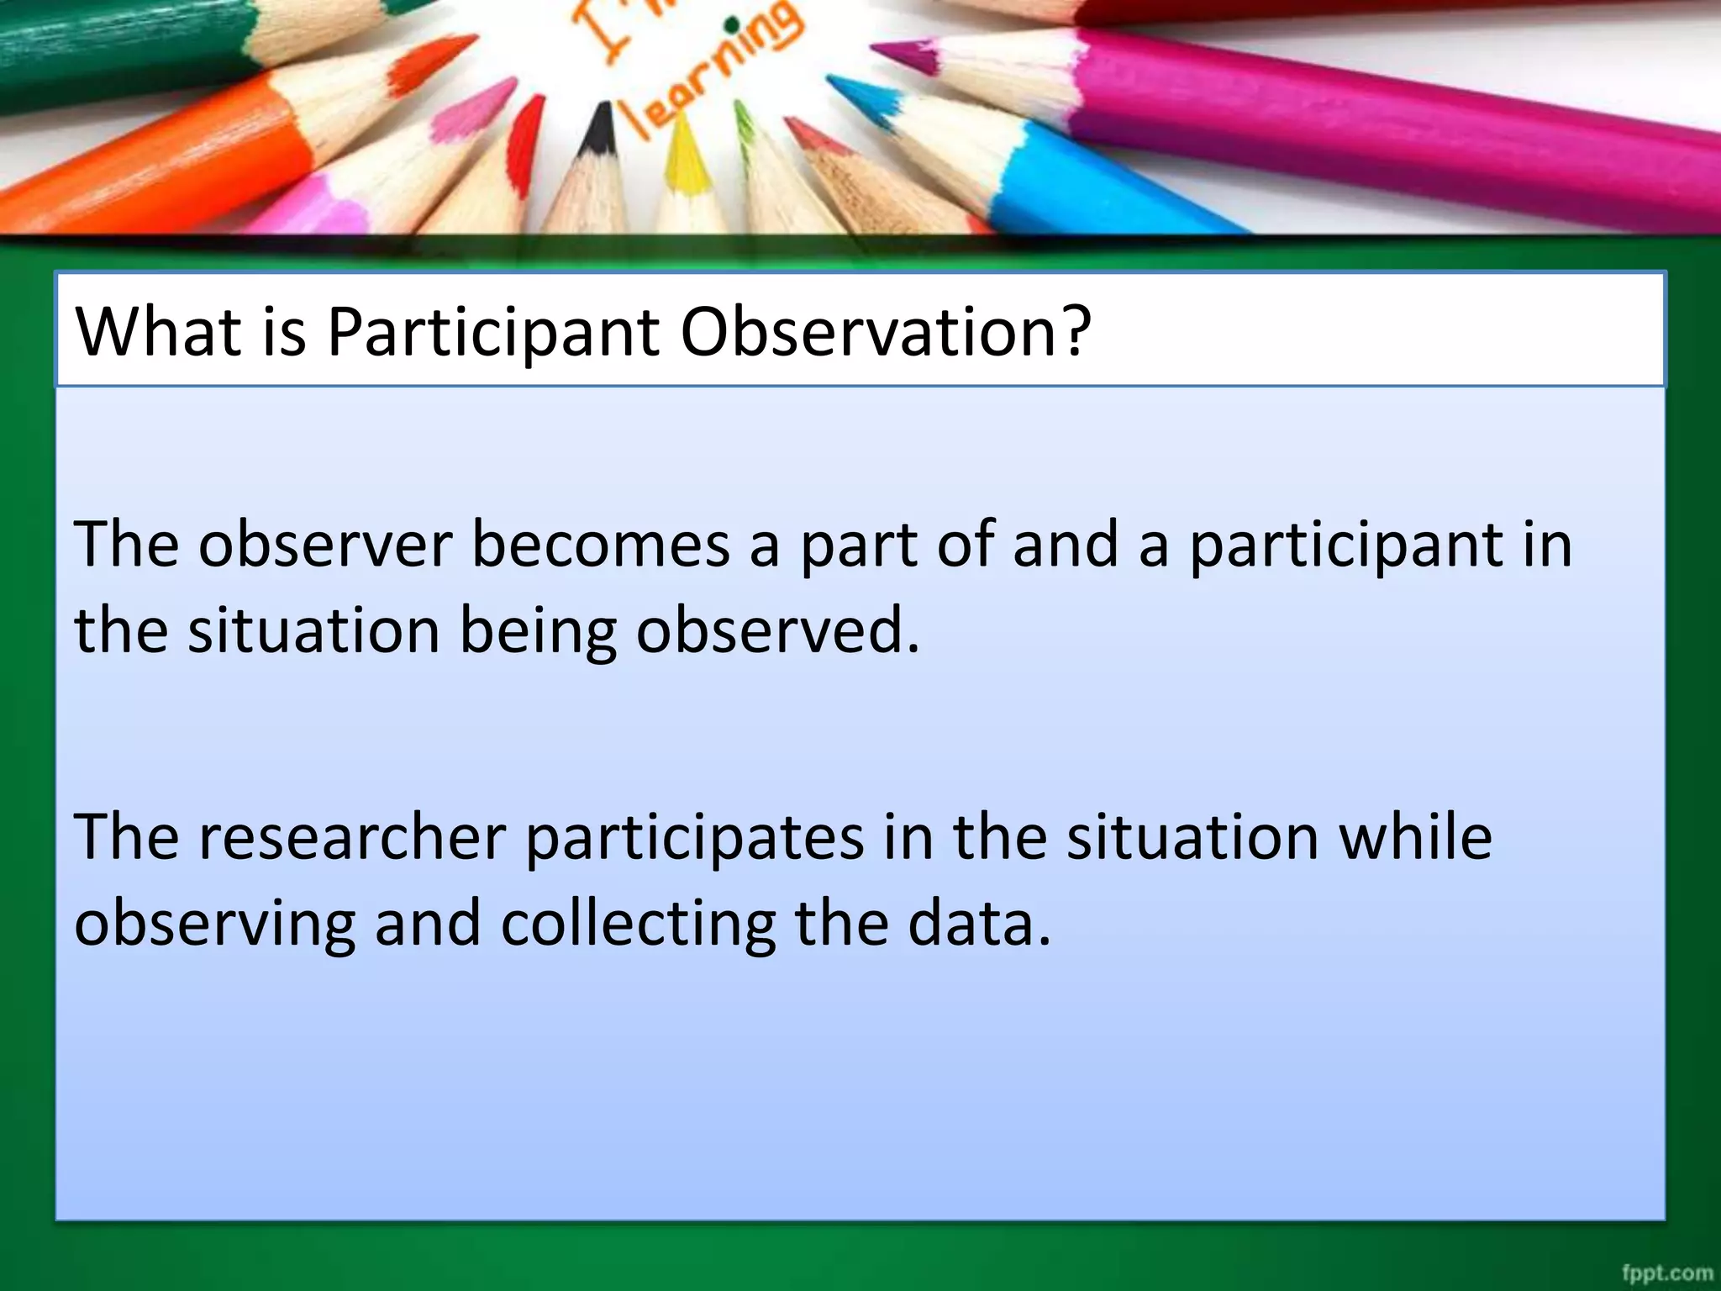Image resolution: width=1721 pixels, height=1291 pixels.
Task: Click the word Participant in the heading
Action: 493,332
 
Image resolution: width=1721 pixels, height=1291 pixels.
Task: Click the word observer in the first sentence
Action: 325,545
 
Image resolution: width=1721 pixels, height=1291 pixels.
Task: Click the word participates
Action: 695,839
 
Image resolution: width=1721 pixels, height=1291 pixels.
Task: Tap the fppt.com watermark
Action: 1667,1273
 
